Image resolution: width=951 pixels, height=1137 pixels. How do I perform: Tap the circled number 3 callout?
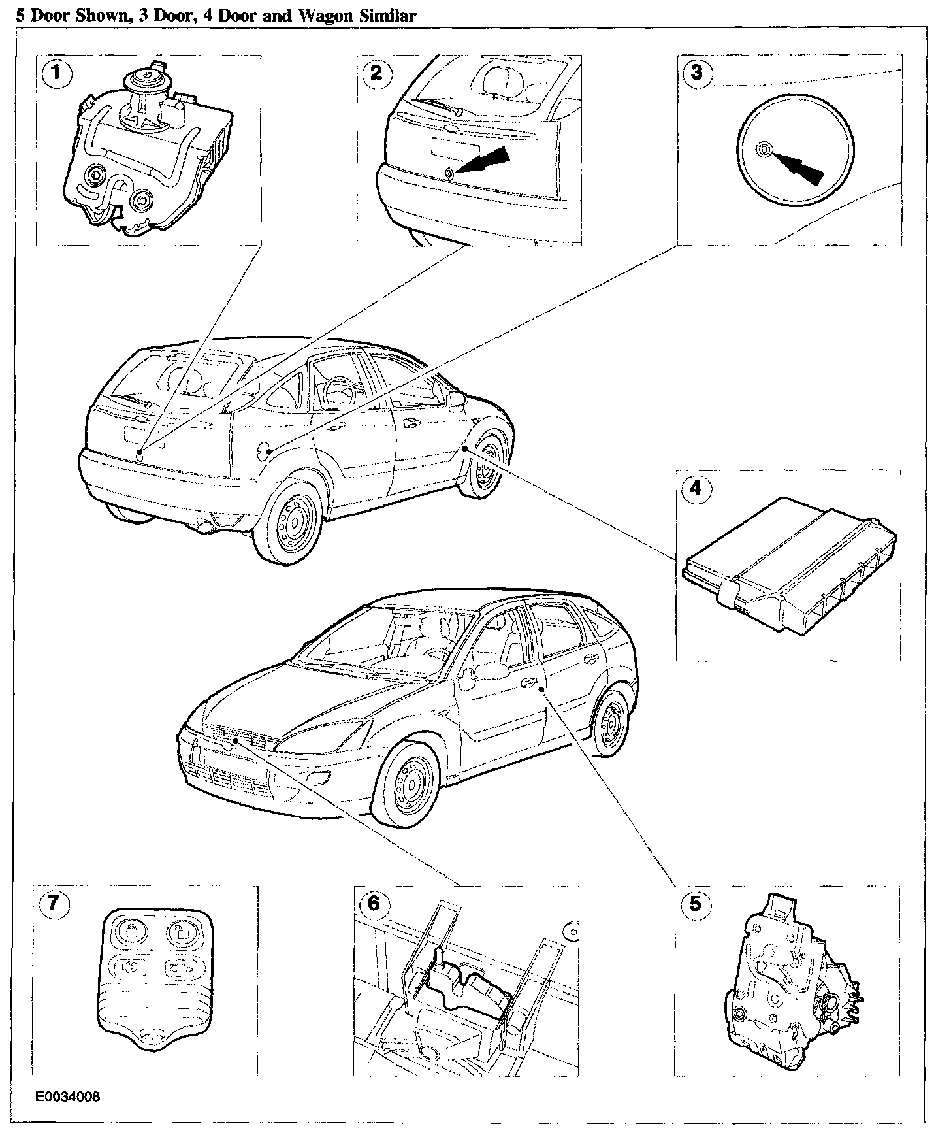coord(696,72)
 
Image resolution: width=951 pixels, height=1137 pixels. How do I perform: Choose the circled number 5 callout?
coord(694,903)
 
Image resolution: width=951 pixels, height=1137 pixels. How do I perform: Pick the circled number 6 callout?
coord(373,903)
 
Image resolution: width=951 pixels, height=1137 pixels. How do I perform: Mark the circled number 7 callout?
coord(53,903)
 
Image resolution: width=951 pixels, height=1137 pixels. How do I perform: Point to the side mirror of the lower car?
coord(468,682)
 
